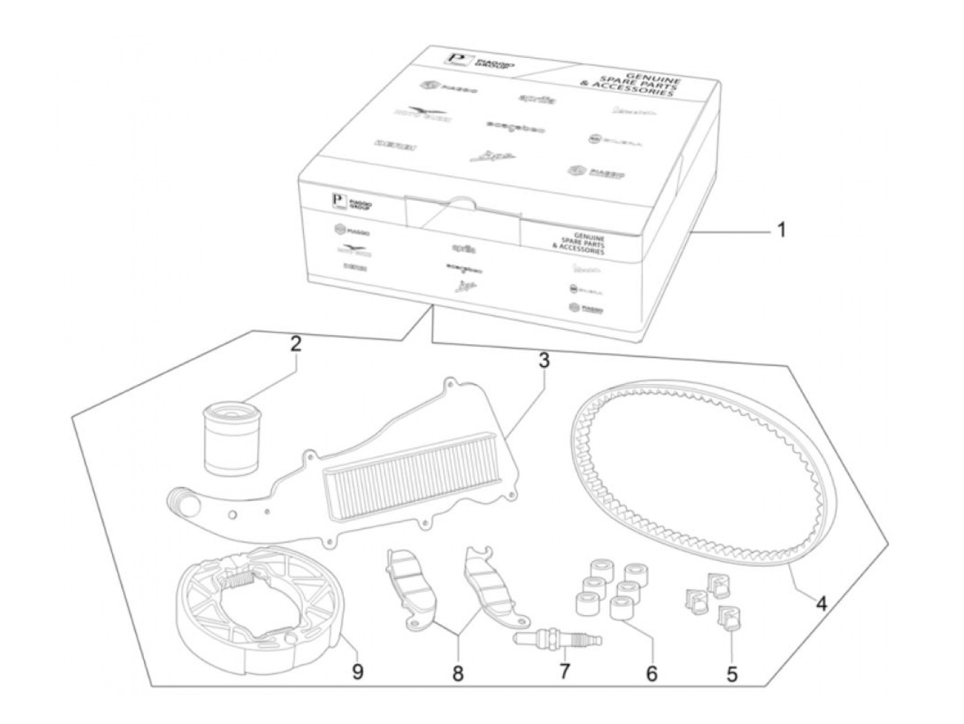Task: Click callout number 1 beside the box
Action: tap(781, 229)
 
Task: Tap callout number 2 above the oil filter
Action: tap(295, 345)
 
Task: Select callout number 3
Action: tap(544, 361)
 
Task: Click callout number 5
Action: tap(731, 674)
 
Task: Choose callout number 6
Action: tap(651, 672)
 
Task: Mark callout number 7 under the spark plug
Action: tap(565, 670)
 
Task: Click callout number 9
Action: tap(357, 672)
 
